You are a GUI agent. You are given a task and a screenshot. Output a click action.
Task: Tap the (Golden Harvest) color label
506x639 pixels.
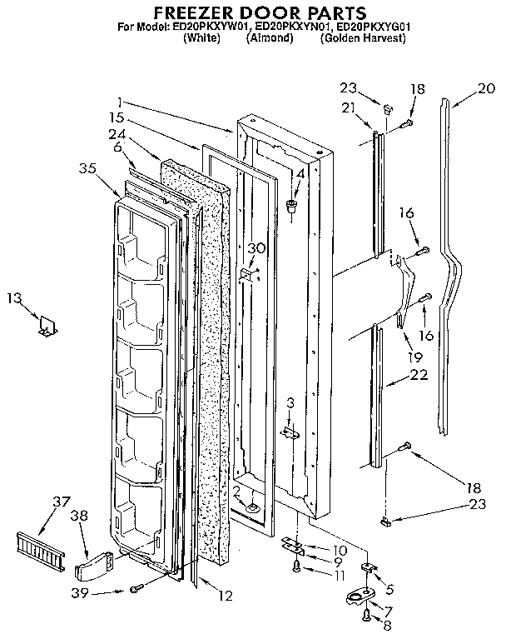tap(362, 38)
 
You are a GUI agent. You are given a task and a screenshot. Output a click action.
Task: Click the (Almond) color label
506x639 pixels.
tap(270, 38)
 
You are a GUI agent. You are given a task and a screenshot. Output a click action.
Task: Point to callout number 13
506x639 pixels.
tap(12, 297)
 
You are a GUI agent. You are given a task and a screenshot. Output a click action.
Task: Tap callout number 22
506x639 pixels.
tap(420, 376)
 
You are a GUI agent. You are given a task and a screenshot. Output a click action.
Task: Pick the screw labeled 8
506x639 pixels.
tap(366, 617)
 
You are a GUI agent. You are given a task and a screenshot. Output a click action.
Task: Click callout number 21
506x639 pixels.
tap(347, 107)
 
